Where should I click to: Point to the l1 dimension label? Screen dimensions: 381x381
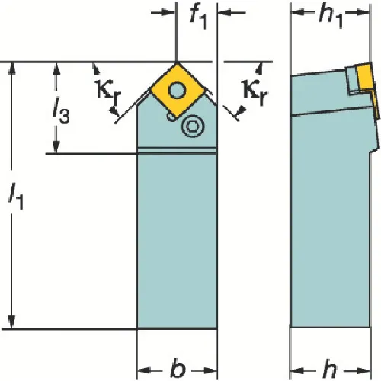16,196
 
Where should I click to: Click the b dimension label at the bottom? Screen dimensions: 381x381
178,369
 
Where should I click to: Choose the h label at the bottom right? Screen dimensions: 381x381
330,369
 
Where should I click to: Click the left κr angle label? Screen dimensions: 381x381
109,91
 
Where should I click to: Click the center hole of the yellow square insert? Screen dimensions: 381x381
177,90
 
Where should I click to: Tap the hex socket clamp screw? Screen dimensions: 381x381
194,126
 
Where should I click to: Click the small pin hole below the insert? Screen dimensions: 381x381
171,117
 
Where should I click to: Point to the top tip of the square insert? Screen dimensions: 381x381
177,62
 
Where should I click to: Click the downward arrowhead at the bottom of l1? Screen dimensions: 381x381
11,322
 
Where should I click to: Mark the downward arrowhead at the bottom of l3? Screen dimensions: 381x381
56,147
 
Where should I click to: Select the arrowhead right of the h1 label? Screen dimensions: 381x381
362,13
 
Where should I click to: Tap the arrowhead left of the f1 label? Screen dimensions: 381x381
169,12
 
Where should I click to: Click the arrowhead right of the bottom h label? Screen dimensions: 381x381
363,371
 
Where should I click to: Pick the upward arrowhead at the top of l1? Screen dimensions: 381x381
11,69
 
